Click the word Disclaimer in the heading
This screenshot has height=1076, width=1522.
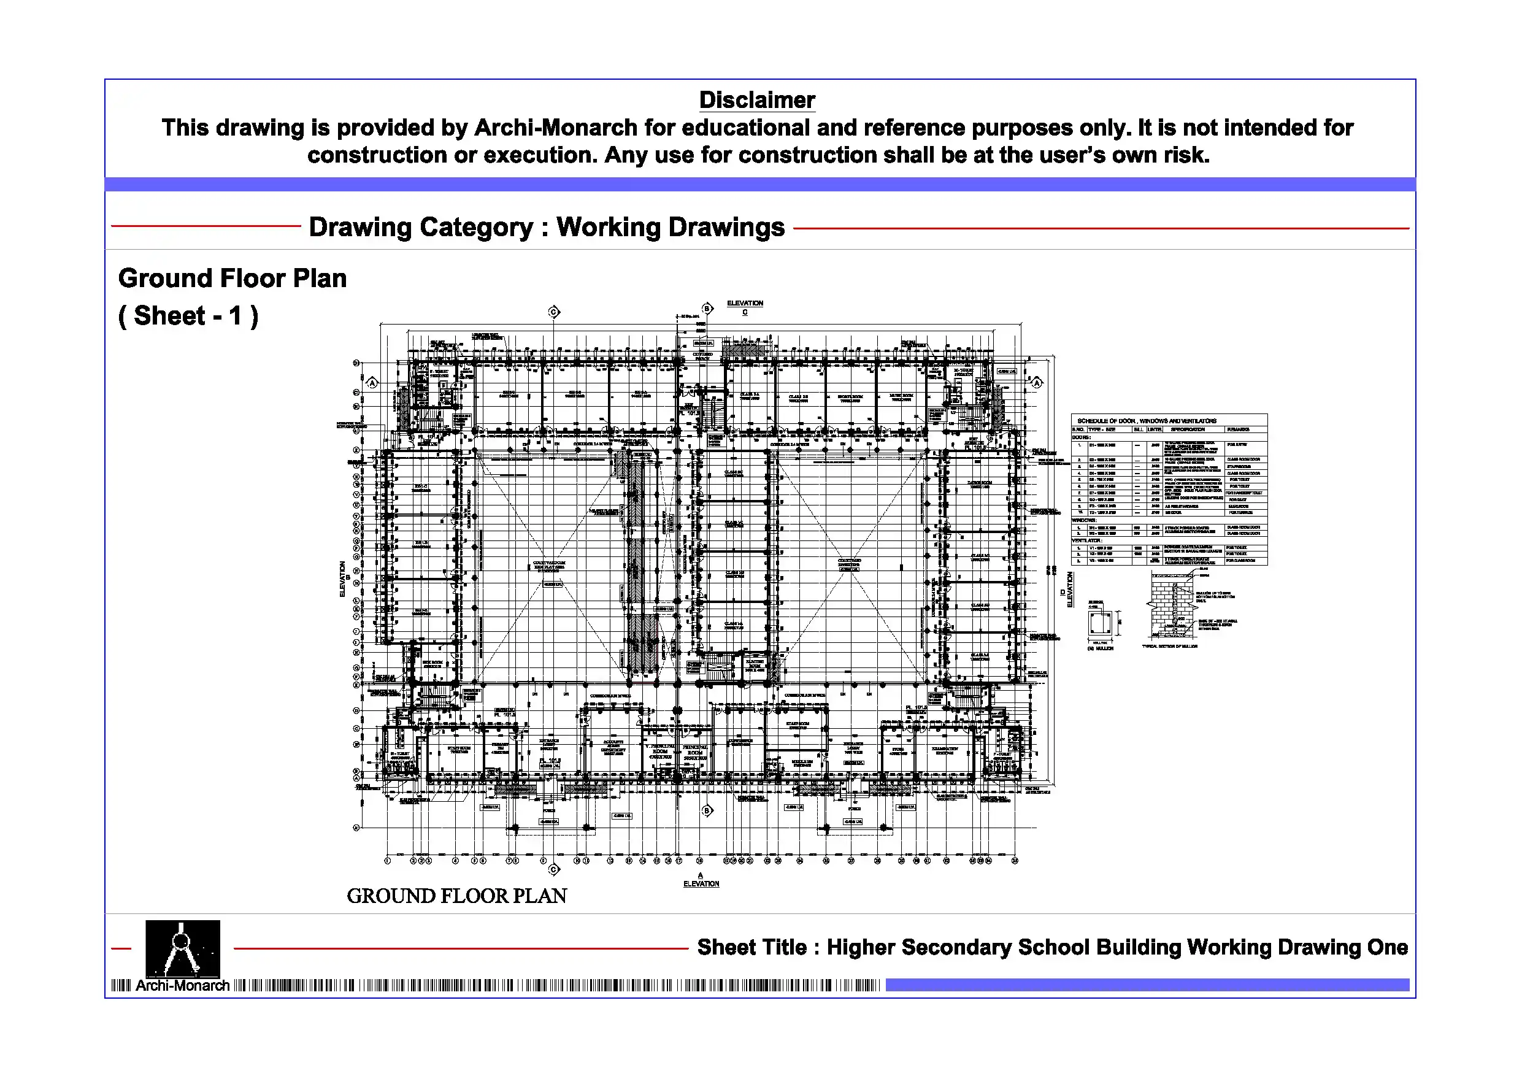point(756,100)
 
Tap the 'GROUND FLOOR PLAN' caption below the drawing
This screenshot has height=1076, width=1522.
point(457,896)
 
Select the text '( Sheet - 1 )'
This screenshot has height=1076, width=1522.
point(188,317)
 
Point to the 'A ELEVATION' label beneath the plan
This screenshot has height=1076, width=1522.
point(701,880)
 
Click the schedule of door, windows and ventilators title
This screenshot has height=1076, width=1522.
point(1146,421)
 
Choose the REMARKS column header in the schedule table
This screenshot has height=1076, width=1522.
point(1237,429)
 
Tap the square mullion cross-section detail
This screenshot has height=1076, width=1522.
point(1100,623)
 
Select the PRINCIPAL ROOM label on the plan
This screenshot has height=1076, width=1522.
point(694,752)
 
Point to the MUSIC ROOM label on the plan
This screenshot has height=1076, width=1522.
point(901,397)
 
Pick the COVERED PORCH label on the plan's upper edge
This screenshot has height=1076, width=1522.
point(702,356)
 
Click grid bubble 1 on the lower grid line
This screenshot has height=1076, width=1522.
point(387,861)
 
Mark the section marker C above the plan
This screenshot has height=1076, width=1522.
point(554,312)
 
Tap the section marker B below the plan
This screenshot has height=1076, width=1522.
point(707,811)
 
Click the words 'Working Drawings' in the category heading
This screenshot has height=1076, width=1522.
point(670,228)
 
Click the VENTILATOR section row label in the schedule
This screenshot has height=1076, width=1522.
point(1087,540)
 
